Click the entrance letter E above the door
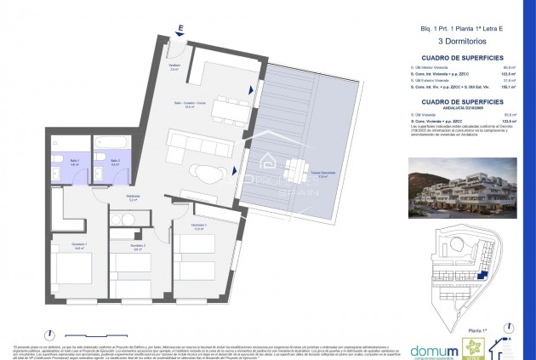pos(181,28)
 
